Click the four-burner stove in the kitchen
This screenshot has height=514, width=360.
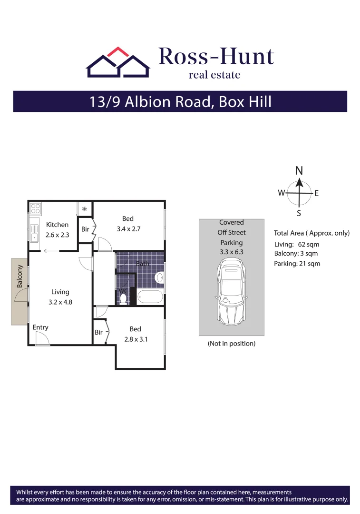tap(35, 208)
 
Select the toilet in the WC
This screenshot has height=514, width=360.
tap(124, 298)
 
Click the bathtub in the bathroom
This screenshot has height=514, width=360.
tap(149, 297)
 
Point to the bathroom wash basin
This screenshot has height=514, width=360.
tap(160, 277)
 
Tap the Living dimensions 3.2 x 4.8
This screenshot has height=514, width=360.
tap(60, 302)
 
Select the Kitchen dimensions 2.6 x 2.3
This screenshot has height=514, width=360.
tap(57, 234)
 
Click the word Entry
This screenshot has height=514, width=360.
tap(40, 327)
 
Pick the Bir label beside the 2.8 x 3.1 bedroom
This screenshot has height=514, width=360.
tap(98, 332)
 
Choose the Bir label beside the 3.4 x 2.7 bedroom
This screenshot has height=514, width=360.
tap(85, 229)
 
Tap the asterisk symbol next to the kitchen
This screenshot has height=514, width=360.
tap(85, 209)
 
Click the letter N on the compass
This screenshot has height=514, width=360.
tap(299, 171)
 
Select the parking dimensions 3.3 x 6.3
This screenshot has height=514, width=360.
tap(232, 252)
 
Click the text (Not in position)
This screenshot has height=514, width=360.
tap(232, 343)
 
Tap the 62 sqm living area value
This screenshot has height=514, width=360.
tap(309, 244)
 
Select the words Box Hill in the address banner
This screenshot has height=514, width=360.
tap(245, 102)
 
